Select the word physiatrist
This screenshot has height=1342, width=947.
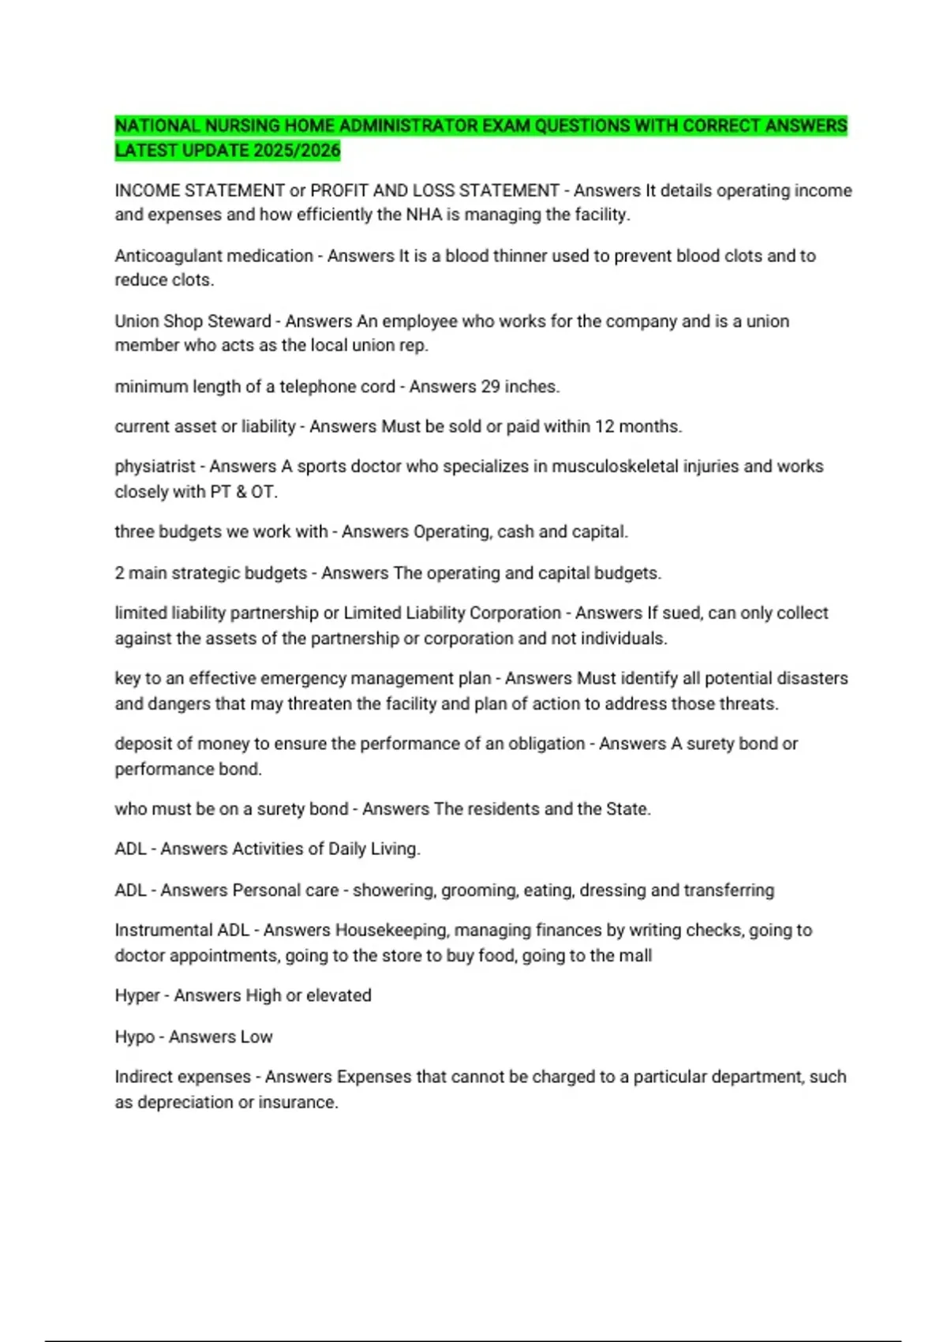tap(155, 467)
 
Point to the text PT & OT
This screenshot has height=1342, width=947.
tap(243, 492)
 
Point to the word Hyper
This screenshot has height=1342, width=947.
tap(137, 995)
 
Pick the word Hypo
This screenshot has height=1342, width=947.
tap(134, 1036)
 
